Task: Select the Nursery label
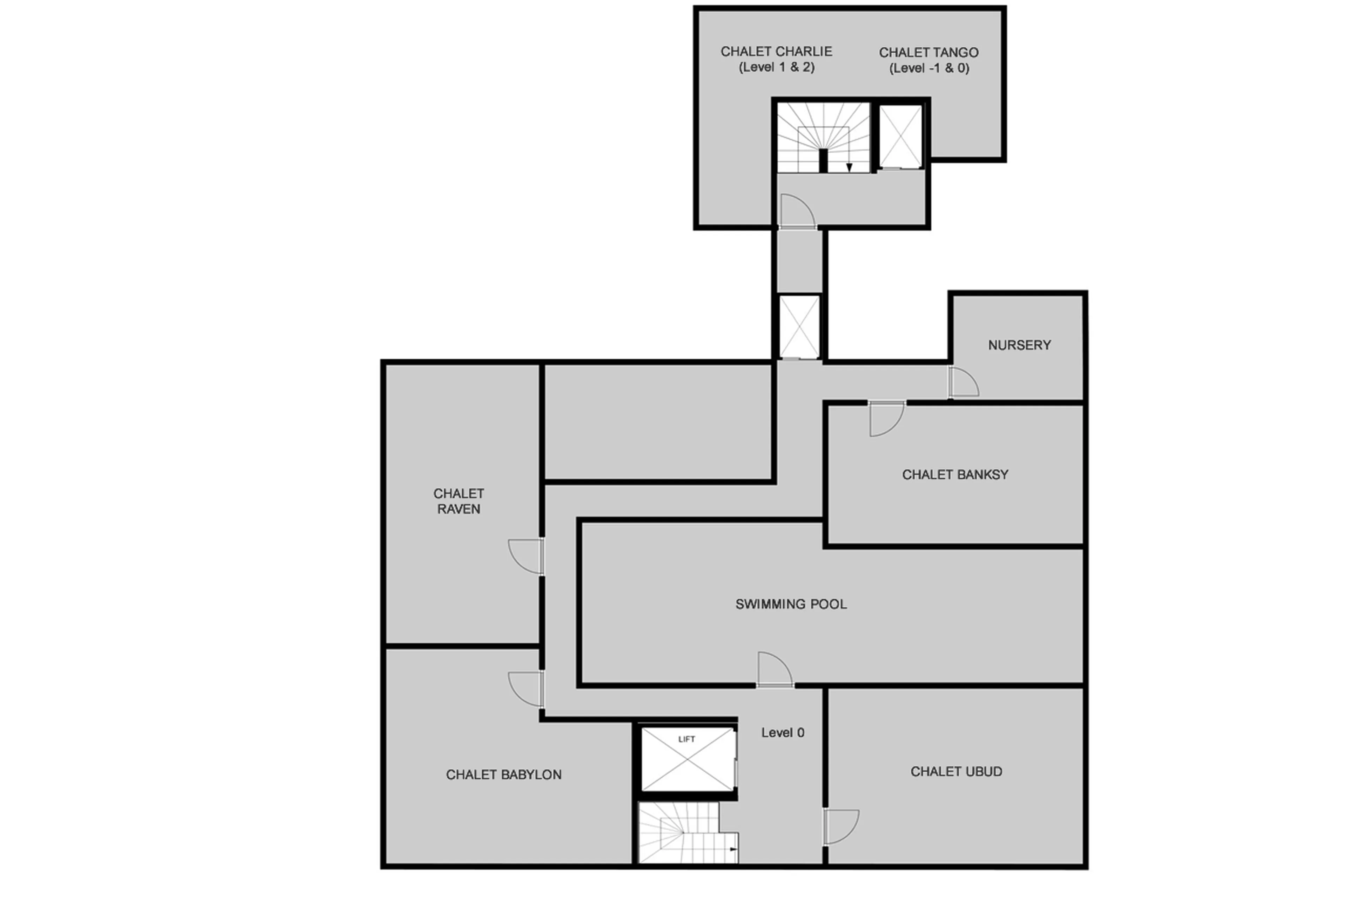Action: click(1019, 345)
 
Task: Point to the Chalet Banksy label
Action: click(955, 474)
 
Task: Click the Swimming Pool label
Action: click(791, 604)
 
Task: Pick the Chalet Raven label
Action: click(458, 501)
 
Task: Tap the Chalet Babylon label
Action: click(504, 774)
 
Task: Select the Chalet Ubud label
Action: click(956, 771)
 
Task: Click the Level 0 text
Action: click(783, 732)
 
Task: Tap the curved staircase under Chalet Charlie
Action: click(823, 138)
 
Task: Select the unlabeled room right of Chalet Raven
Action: click(657, 422)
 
